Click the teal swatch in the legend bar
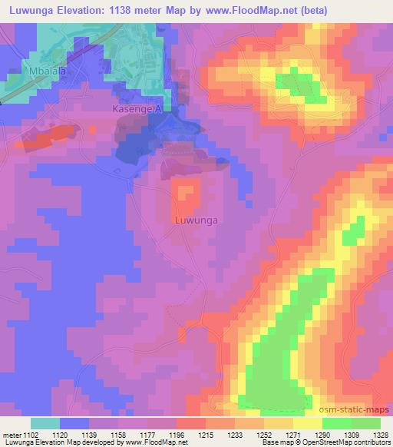[45, 423]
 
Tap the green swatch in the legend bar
[351, 423]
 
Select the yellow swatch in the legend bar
[307, 423]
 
